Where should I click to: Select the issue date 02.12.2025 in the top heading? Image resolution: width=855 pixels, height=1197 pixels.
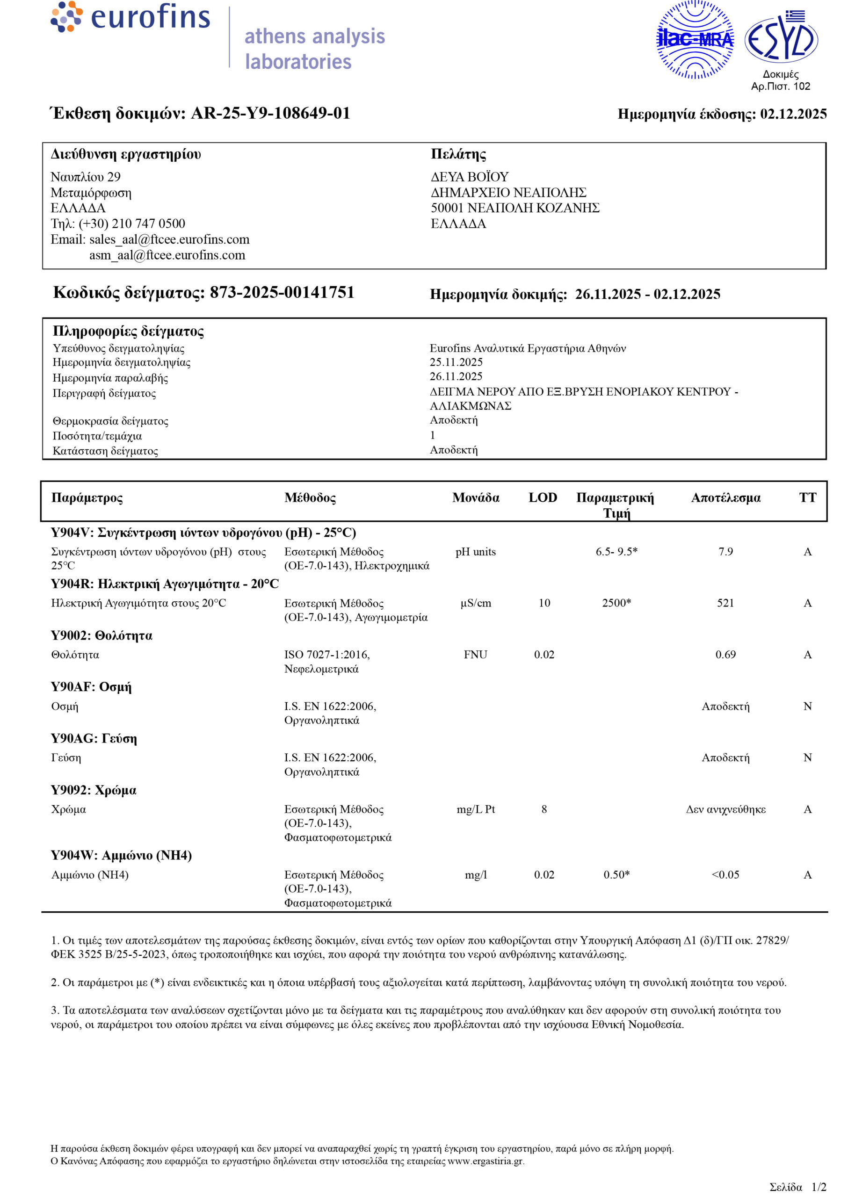pyautogui.click(x=793, y=114)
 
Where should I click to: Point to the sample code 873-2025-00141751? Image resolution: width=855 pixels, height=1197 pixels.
pyautogui.click(x=282, y=293)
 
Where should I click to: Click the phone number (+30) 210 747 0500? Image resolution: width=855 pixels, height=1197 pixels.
pyautogui.click(x=132, y=224)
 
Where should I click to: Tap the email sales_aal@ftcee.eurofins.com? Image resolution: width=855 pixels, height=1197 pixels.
pyautogui.click(x=169, y=239)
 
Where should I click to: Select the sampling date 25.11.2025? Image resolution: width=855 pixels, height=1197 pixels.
pyautogui.click(x=456, y=362)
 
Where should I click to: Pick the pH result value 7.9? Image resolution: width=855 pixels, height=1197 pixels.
pyautogui.click(x=725, y=551)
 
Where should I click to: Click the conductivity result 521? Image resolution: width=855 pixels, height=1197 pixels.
pyautogui.click(x=725, y=603)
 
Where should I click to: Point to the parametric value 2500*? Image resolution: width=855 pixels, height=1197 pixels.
pyautogui.click(x=616, y=603)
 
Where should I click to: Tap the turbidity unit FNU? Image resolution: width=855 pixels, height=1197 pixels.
pyautogui.click(x=475, y=655)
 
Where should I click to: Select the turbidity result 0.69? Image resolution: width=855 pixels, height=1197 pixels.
pyautogui.click(x=725, y=655)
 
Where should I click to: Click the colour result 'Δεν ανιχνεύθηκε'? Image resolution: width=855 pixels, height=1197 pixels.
pyautogui.click(x=725, y=809)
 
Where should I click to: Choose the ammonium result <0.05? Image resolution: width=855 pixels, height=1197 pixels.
pyautogui.click(x=725, y=874)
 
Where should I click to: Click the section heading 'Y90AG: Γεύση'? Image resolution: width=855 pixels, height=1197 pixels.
pyautogui.click(x=94, y=739)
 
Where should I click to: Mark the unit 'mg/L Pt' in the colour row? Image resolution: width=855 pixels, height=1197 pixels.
pyautogui.click(x=475, y=809)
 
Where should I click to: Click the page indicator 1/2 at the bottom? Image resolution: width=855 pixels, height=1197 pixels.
pyautogui.click(x=819, y=1187)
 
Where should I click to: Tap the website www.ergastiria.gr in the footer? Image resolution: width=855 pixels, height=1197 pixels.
pyautogui.click(x=485, y=1161)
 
